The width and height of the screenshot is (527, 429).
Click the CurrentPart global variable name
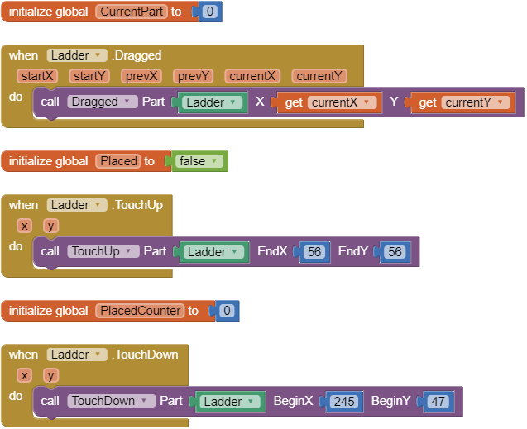[132, 12]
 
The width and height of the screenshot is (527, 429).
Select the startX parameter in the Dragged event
[37, 76]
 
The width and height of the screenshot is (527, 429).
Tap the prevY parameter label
[194, 76]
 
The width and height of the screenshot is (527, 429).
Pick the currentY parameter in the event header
[319, 76]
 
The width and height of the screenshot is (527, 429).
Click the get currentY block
[463, 102]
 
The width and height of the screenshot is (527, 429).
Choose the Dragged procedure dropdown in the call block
[103, 102]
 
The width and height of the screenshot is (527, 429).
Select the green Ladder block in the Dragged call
[213, 102]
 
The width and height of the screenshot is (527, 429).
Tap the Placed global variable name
[118, 161]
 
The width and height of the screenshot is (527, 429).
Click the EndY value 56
[394, 252]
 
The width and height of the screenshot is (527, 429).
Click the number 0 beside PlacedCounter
[226, 311]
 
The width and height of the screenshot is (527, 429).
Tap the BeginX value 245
[345, 402]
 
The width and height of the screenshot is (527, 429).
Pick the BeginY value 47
[438, 402]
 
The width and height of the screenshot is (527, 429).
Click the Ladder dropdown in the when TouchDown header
[77, 355]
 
